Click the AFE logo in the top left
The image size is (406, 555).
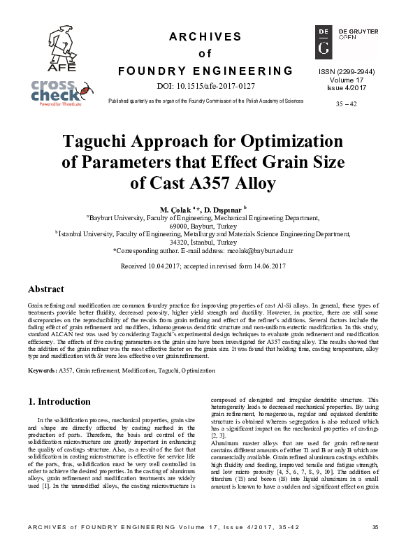49,48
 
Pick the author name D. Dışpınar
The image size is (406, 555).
226,209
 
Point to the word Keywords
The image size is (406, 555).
42,368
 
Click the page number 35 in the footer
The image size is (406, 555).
375,546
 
